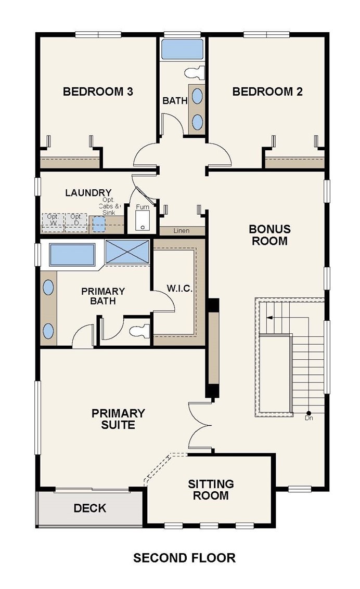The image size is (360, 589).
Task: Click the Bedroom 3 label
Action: (98, 91)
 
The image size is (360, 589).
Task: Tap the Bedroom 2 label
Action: (267, 91)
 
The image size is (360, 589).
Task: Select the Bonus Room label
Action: (270, 235)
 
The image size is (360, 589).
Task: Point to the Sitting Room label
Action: (211, 490)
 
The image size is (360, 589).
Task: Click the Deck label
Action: (90, 508)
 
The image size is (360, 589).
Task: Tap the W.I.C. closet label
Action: (179, 289)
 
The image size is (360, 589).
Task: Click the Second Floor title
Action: (184, 558)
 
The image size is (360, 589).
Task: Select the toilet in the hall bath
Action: (195, 72)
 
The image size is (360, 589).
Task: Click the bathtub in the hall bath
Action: (182, 49)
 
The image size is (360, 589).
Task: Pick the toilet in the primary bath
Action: (140, 331)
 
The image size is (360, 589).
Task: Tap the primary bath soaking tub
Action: (72, 255)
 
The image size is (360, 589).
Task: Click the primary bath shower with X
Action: (127, 252)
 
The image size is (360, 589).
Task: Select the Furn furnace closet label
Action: (143, 207)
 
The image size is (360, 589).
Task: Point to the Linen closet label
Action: (182, 231)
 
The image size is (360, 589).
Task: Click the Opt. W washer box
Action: (53, 222)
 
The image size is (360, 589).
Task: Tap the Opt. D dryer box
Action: (76, 222)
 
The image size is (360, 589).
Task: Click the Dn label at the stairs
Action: (309, 418)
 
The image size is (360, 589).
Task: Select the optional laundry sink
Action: (99, 224)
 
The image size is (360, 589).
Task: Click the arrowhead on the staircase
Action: (269, 318)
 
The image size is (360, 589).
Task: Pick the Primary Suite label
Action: (118, 419)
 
